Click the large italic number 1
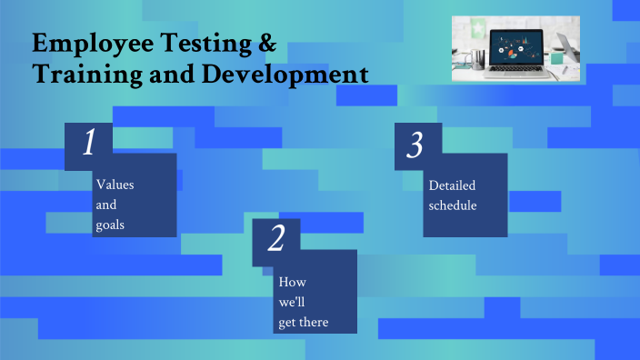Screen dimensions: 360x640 (89, 145)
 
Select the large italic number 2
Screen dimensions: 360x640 (277, 239)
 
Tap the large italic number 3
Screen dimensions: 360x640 (415, 145)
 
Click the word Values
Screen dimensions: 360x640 (115, 185)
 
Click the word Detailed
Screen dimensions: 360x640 (452, 185)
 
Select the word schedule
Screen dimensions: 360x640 (453, 205)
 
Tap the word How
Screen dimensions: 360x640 (286, 282)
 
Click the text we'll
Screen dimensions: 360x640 (290, 302)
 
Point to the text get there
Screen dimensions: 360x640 (304, 322)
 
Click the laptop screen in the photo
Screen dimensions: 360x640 (515, 47)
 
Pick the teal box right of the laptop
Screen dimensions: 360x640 (555, 58)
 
